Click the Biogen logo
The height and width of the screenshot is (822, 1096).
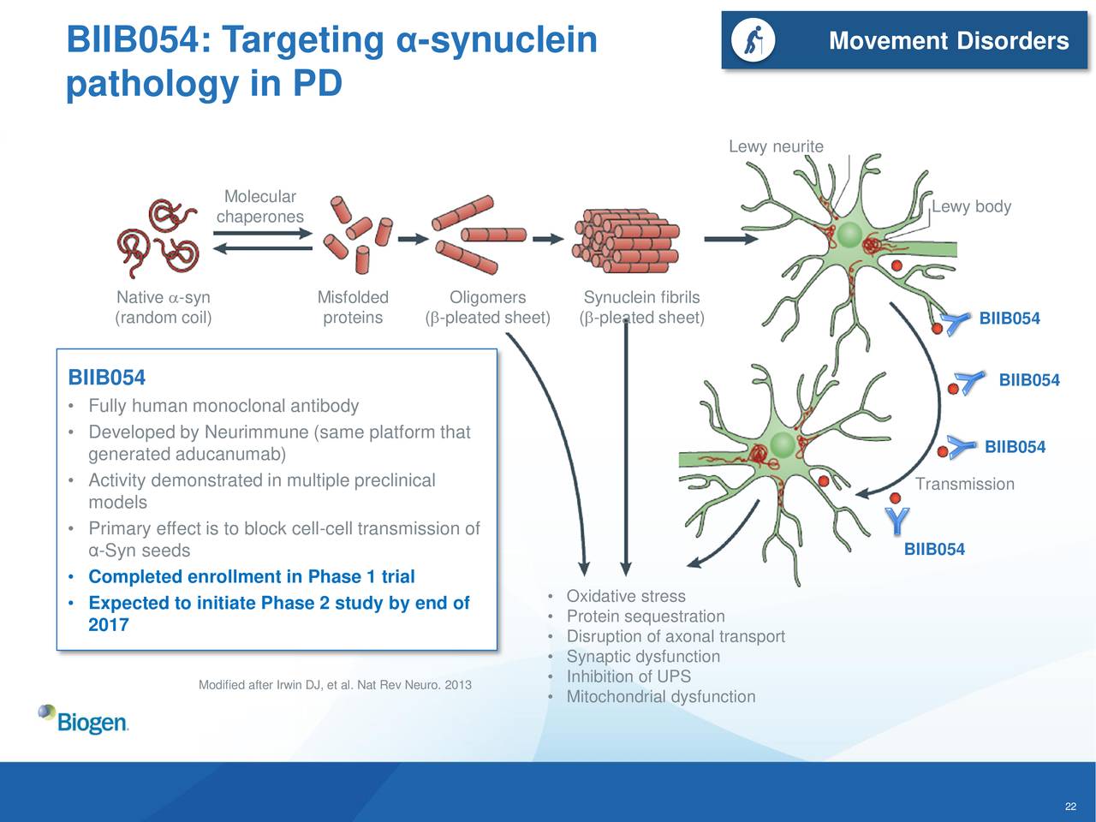(83, 719)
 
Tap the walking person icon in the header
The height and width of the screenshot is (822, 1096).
(753, 40)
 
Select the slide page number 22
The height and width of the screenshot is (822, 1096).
(1070, 807)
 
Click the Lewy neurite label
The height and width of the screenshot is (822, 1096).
(776, 146)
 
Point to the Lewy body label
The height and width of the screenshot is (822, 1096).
(971, 206)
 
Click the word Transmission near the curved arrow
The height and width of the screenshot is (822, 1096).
(964, 484)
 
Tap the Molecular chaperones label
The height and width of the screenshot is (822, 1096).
(259, 206)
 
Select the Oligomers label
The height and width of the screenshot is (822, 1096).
(487, 297)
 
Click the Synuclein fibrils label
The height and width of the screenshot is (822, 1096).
(641, 297)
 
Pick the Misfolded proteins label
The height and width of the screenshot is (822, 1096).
(353, 307)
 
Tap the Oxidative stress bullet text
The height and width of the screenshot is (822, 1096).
(626, 596)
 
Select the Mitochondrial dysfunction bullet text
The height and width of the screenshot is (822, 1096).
(660, 696)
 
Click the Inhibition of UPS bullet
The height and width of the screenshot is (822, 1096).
(628, 676)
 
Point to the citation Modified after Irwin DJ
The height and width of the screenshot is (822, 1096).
(335, 684)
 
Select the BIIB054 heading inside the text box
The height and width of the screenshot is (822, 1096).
(106, 378)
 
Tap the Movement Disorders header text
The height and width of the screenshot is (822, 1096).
(949, 40)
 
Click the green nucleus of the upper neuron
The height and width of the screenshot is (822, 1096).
(849, 235)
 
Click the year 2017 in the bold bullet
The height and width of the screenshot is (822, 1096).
(109, 625)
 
